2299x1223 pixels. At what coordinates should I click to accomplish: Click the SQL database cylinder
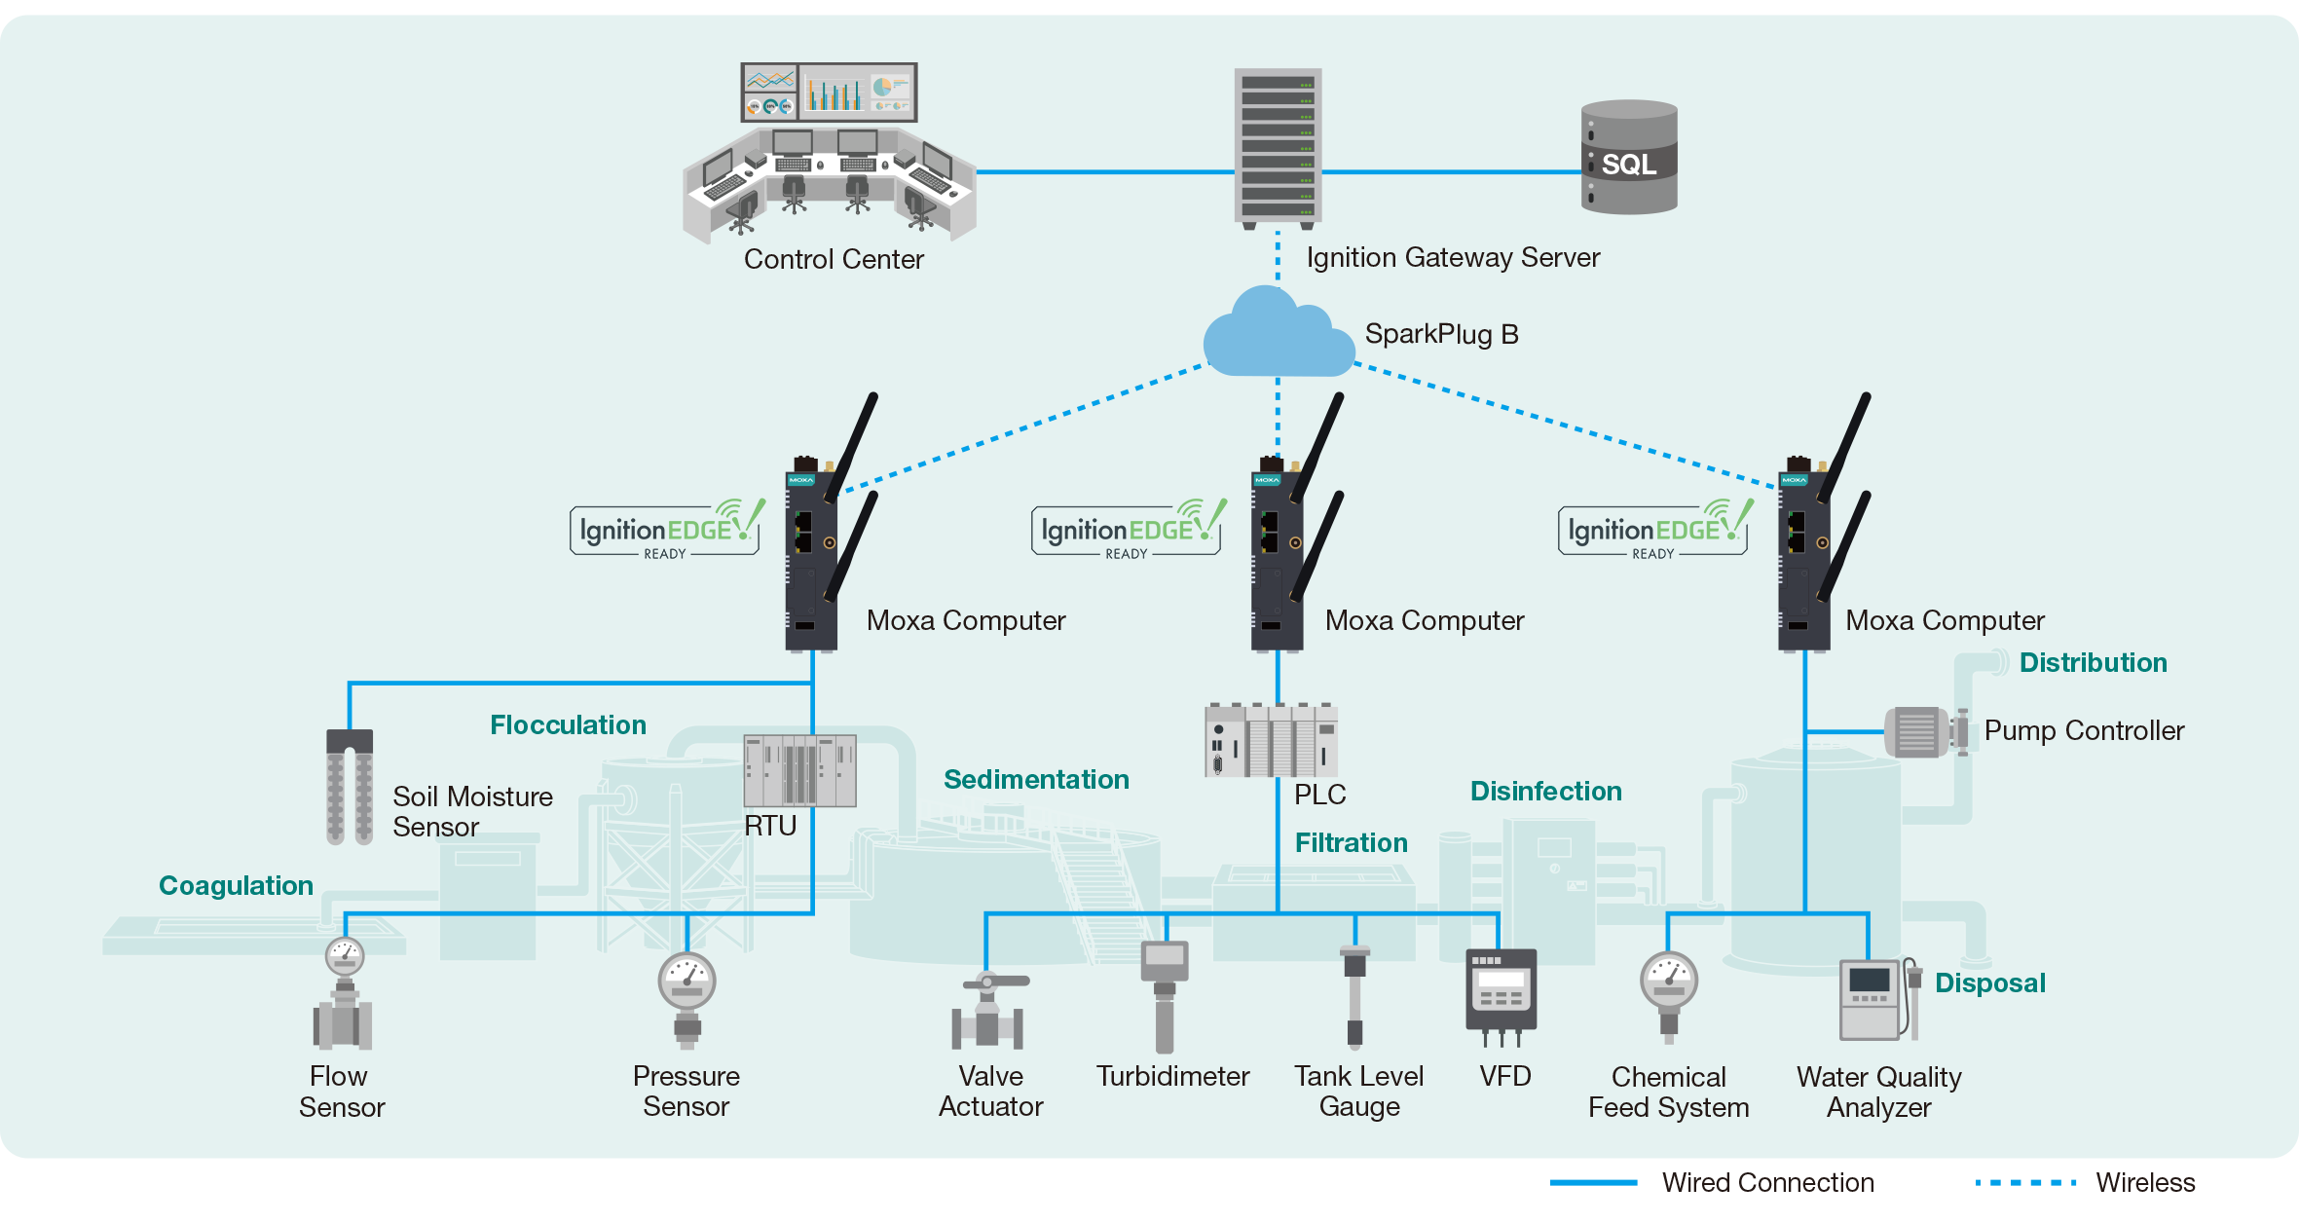pyautogui.click(x=1628, y=157)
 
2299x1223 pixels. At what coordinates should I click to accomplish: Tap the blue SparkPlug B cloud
pyautogui.click(x=1277, y=336)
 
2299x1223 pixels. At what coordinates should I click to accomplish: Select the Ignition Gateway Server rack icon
pyautogui.click(x=1278, y=147)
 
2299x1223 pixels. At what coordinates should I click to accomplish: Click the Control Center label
pyautogui.click(x=834, y=259)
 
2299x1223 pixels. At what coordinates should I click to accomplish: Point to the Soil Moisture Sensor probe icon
pyautogui.click(x=350, y=786)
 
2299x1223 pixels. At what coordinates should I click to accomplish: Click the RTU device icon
pyautogui.click(x=799, y=771)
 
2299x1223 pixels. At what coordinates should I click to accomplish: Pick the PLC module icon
pyautogui.click(x=1271, y=740)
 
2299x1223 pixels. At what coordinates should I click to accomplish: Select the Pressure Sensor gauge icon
pyautogui.click(x=686, y=998)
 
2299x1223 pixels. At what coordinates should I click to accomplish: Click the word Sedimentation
pyautogui.click(x=1036, y=779)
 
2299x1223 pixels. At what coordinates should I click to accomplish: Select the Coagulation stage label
pyautogui.click(x=236, y=885)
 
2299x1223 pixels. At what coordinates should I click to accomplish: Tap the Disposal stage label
pyautogui.click(x=1989, y=982)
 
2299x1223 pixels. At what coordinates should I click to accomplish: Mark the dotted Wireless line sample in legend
pyautogui.click(x=2025, y=1182)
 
